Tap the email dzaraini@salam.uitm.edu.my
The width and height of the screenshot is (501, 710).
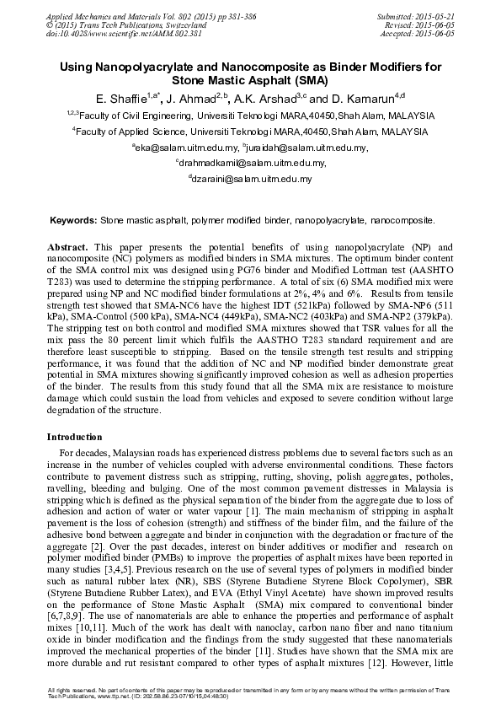click(x=252, y=179)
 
